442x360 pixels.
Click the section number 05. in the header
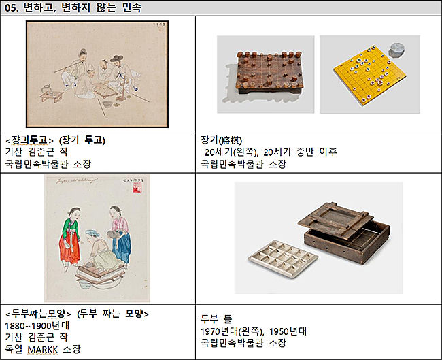click(12, 7)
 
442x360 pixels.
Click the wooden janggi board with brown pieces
click(269, 72)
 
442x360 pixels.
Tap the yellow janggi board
click(369, 75)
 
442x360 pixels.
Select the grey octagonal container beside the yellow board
click(397, 50)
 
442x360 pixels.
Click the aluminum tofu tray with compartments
click(283, 259)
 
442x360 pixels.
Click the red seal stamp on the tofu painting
click(137, 187)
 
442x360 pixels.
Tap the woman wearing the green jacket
click(71, 237)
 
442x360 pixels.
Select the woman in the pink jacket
click(120, 234)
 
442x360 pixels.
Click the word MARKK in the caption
click(43, 350)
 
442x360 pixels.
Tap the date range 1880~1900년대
click(37, 326)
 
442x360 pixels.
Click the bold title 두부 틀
click(216, 318)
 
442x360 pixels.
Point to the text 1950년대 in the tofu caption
click(288, 331)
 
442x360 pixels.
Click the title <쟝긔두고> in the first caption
click(29, 140)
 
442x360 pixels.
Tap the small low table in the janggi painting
click(51, 96)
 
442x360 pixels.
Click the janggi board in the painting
click(105, 91)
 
